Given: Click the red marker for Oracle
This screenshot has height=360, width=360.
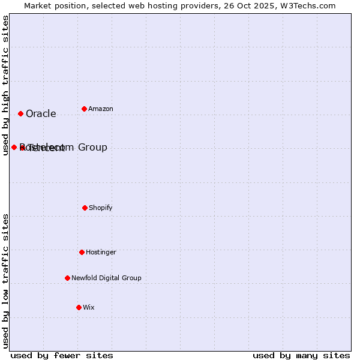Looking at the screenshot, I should [x=20, y=113].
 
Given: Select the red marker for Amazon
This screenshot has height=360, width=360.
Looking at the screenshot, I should [x=84, y=109].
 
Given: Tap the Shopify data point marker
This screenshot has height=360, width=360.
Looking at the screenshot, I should [x=85, y=208].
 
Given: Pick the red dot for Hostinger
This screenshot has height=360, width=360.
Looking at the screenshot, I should [x=82, y=252].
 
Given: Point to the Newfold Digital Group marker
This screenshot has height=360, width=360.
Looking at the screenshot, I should [x=67, y=278].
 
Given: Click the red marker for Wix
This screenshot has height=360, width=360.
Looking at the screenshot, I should [x=79, y=307].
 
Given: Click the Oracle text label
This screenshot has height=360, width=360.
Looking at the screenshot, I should [x=41, y=114].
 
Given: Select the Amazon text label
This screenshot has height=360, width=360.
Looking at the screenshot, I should [x=101, y=109].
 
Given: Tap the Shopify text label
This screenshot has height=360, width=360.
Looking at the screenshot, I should [x=101, y=208].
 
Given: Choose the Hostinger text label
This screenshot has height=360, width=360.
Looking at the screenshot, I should [x=101, y=253].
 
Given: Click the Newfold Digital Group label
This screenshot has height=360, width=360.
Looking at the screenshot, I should [x=107, y=278].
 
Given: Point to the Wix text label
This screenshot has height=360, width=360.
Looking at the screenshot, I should [x=89, y=308].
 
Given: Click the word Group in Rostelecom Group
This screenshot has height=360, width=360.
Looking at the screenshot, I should [x=92, y=148].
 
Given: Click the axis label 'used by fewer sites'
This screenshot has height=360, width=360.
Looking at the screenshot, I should [x=62, y=355].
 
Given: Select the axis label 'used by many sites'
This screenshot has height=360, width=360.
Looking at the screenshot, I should [x=301, y=355].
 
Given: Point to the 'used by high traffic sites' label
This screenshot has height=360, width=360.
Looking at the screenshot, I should [x=5, y=85].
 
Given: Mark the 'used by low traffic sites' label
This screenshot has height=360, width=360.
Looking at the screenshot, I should [x=5, y=281].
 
